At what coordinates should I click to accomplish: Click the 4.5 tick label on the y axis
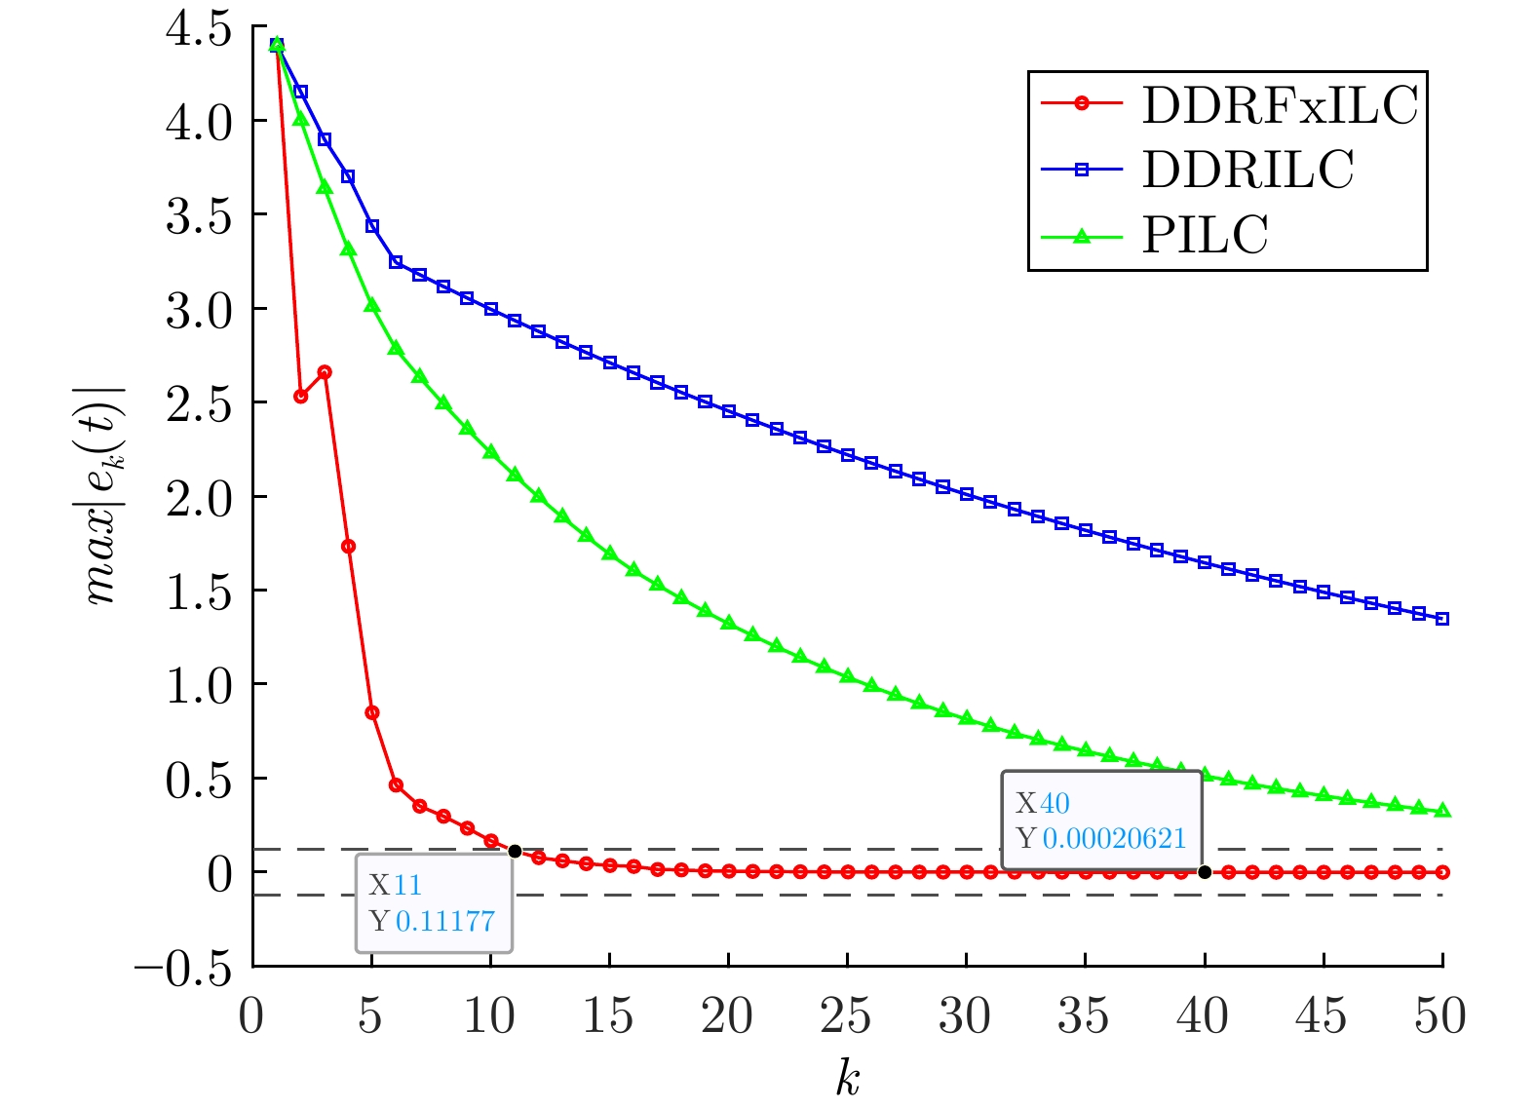click(x=199, y=28)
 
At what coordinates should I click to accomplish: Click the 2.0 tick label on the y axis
click(x=199, y=498)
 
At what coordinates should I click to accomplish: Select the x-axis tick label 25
click(x=846, y=1016)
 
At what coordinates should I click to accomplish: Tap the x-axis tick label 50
click(x=1440, y=1016)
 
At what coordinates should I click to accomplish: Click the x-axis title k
click(x=847, y=1078)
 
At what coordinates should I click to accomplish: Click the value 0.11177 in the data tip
click(x=445, y=921)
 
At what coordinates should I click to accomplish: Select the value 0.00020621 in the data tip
click(x=1114, y=838)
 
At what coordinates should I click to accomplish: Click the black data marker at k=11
click(x=515, y=851)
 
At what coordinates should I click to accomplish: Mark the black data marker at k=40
click(x=1205, y=872)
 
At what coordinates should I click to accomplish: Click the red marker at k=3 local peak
click(x=325, y=372)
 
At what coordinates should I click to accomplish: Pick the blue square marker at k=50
click(x=1442, y=619)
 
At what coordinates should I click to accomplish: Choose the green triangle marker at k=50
click(x=1442, y=810)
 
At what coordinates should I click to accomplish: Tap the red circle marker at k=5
click(x=371, y=712)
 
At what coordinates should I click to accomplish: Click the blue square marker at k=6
click(x=396, y=262)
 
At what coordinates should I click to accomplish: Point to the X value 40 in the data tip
click(x=1055, y=803)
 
